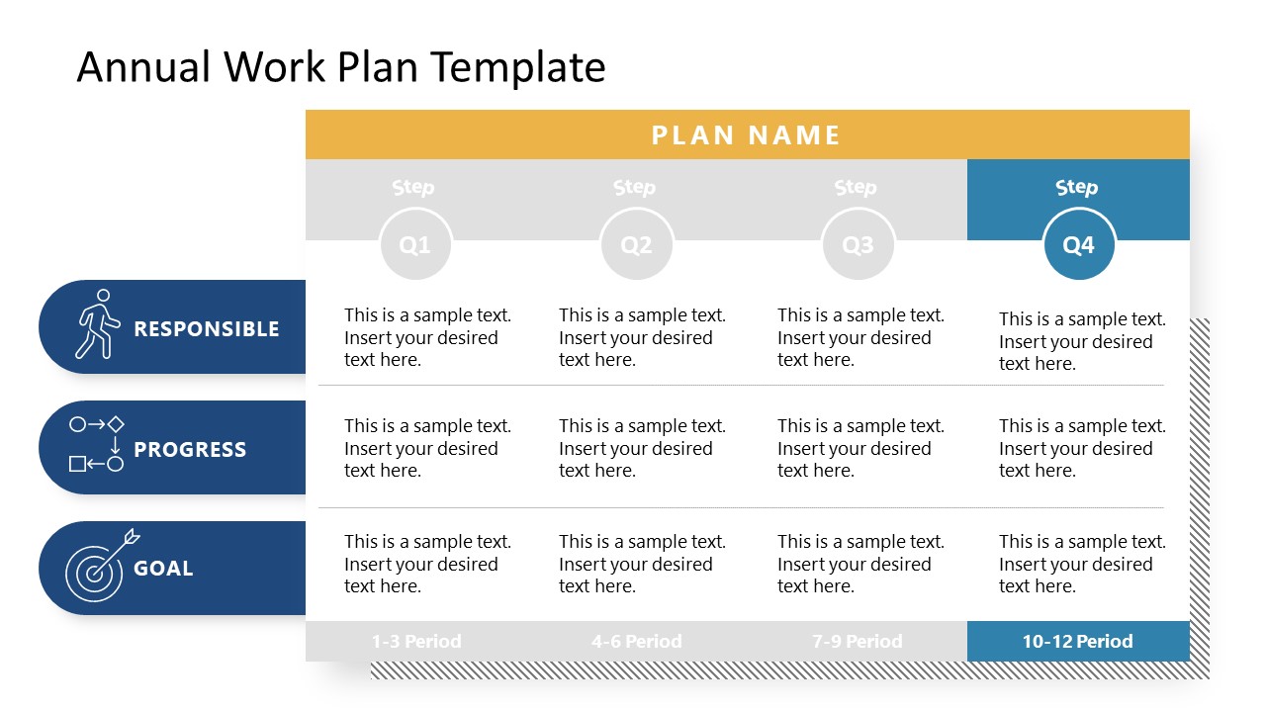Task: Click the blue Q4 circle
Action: click(x=1078, y=244)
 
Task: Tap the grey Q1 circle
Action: click(x=415, y=244)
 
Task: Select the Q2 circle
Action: click(x=636, y=244)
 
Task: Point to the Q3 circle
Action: click(x=858, y=244)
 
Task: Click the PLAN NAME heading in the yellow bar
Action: click(x=746, y=134)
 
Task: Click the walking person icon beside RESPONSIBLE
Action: click(x=97, y=324)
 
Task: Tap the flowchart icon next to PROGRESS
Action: click(x=97, y=444)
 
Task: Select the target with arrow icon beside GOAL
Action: click(x=99, y=567)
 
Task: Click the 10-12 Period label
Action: click(x=1077, y=641)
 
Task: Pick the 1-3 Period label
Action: click(x=416, y=641)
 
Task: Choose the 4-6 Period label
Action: click(x=636, y=641)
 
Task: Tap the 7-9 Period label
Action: click(x=858, y=641)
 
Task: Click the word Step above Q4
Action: click(x=1077, y=187)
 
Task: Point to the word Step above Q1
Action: click(x=413, y=187)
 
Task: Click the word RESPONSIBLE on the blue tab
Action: click(x=207, y=329)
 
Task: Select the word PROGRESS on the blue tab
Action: click(x=190, y=450)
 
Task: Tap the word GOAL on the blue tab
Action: click(x=163, y=569)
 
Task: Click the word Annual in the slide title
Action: click(x=144, y=67)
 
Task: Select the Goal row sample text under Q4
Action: click(x=1082, y=564)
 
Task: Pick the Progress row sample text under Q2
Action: click(x=642, y=448)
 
